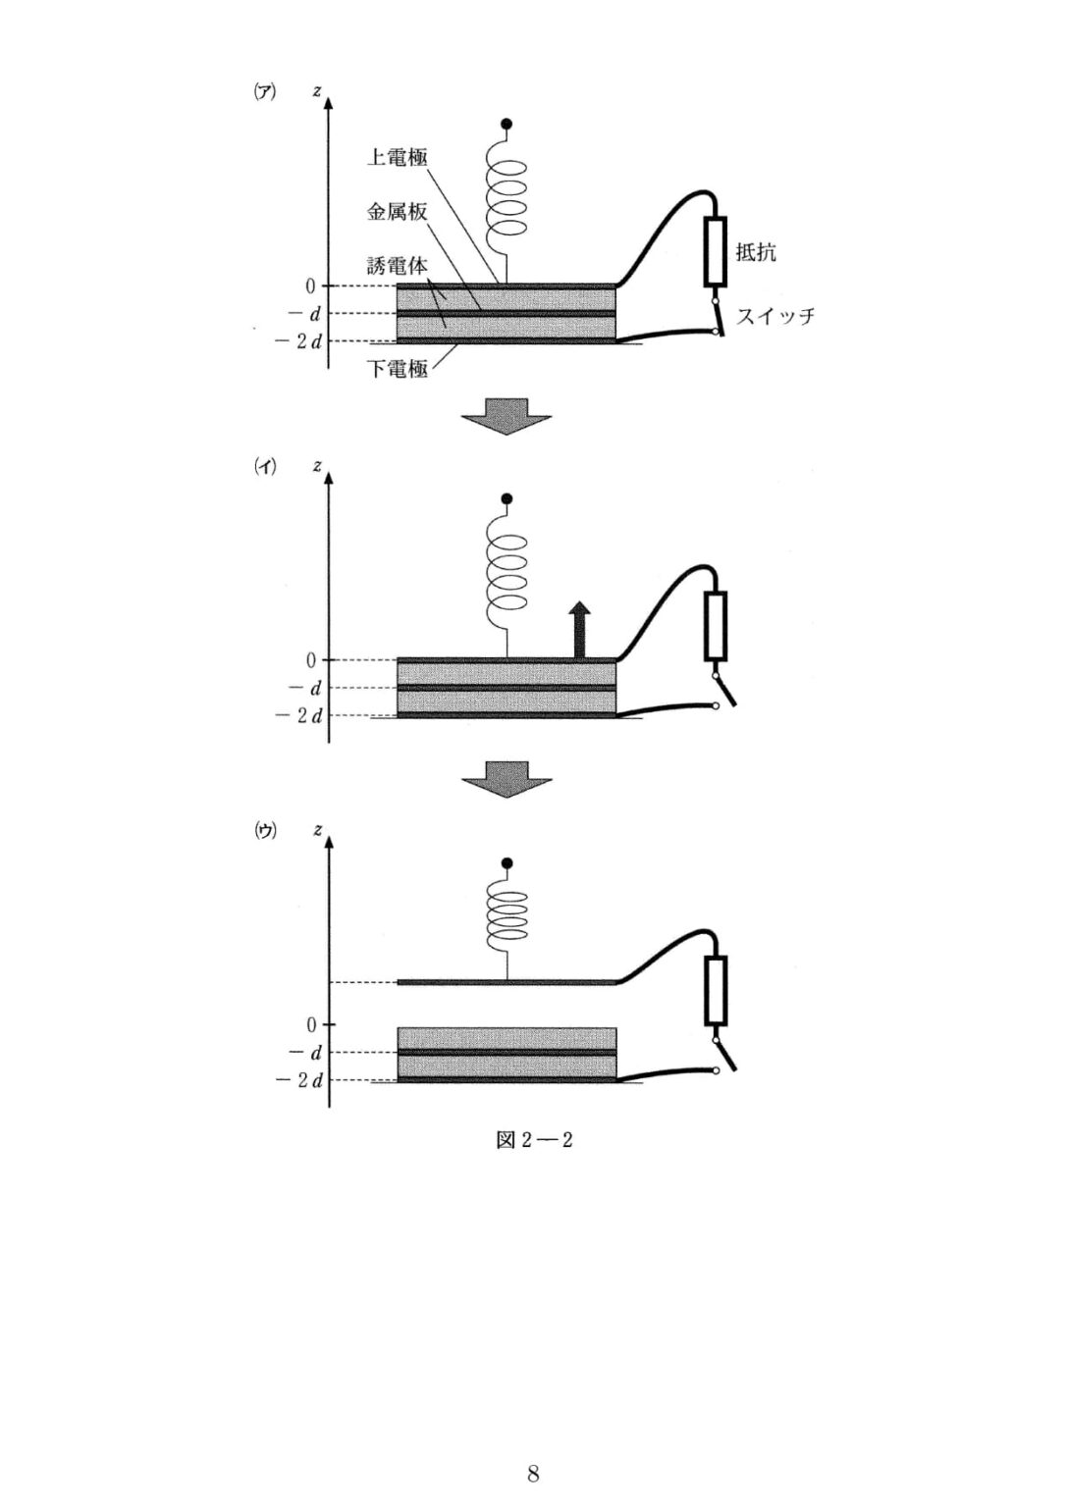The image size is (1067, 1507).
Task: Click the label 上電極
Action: tap(398, 159)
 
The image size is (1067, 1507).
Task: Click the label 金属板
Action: tap(398, 213)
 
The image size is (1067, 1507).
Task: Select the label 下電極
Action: tap(398, 369)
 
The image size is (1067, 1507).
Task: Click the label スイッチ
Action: tap(774, 316)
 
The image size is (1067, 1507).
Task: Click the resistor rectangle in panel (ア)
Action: tap(715, 251)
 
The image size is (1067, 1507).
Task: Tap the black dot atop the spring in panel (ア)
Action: tap(507, 124)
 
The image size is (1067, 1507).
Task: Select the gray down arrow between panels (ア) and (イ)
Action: tap(507, 416)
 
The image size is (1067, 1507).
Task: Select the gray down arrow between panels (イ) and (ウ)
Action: tap(507, 780)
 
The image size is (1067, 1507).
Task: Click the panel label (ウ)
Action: tap(265, 832)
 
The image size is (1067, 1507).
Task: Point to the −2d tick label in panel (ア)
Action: tap(298, 341)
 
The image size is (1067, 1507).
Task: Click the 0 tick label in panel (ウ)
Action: tap(311, 1025)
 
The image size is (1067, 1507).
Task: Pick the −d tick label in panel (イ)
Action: tap(304, 688)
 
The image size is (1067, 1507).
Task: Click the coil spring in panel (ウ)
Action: tap(507, 917)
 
